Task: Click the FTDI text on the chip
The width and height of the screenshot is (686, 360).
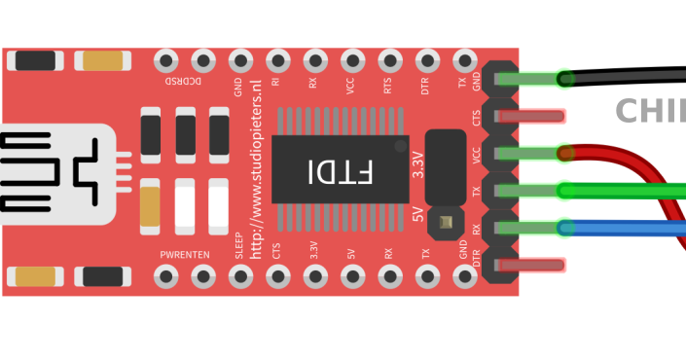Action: coord(340,172)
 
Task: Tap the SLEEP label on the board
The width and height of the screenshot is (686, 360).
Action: coord(239,242)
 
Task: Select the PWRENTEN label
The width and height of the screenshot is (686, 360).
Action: coord(185,255)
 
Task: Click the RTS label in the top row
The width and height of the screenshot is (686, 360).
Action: coord(388,87)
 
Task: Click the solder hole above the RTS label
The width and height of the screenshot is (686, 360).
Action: coord(389,60)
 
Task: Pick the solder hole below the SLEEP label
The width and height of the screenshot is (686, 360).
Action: coord(240,277)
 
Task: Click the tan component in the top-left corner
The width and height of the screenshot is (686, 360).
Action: coord(102,61)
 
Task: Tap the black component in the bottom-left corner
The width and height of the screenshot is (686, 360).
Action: coord(102,276)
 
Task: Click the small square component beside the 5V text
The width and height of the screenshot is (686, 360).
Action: coord(446,223)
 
